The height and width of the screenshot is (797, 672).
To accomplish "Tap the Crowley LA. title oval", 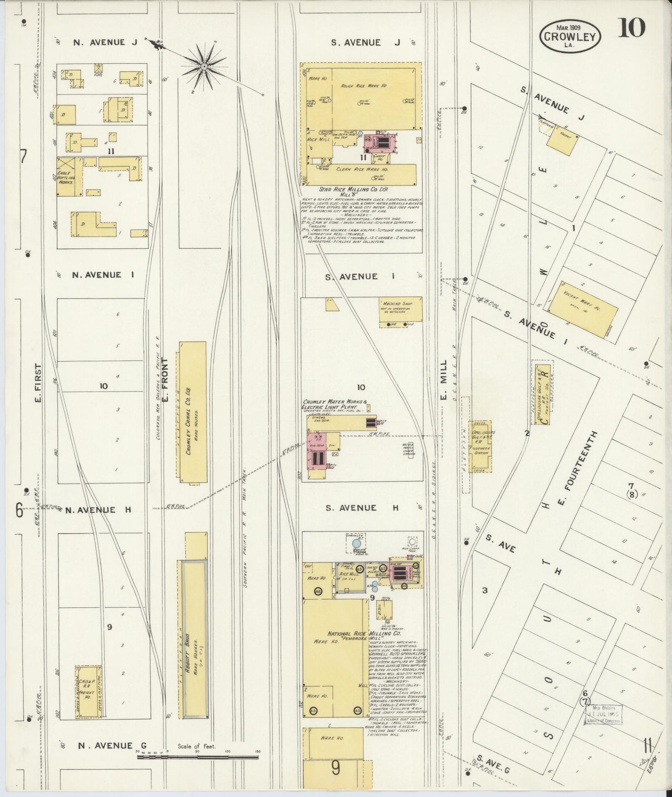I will pyautogui.click(x=571, y=37).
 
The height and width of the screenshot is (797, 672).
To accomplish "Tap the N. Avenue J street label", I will pyautogui.click(x=106, y=42).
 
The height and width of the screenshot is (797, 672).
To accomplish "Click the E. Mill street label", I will pyautogui.click(x=443, y=378).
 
